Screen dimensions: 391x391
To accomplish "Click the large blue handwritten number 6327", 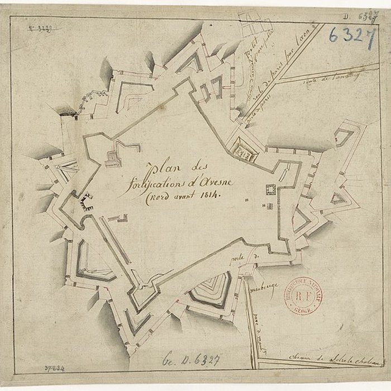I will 351,35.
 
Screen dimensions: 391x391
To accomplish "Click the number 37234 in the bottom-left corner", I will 55,369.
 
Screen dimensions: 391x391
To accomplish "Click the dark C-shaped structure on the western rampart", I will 85,199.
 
